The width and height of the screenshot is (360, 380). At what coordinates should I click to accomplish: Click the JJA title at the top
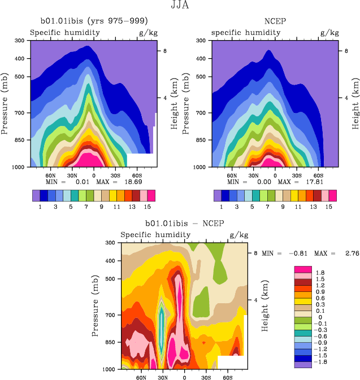coord(179,6)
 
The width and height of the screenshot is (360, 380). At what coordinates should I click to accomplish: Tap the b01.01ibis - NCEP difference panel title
coord(181,224)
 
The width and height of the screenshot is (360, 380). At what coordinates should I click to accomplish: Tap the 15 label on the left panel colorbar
coord(144,207)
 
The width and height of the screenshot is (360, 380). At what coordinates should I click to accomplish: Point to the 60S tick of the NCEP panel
coord(318,175)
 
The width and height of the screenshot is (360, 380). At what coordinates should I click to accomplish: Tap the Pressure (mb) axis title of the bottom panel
coord(94,305)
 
